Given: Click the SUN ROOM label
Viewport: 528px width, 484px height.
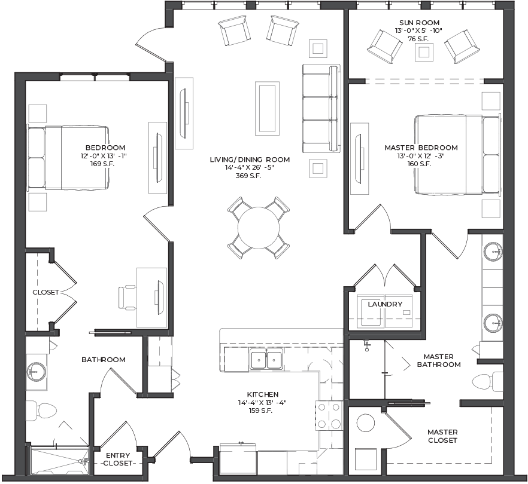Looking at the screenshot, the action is coord(419,23).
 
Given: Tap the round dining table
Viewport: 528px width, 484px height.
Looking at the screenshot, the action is coord(259,228).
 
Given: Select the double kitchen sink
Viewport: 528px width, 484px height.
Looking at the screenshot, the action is coord(266,359).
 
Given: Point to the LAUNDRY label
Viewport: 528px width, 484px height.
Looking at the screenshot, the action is coord(385,304).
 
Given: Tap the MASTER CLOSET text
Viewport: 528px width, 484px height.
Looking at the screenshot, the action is coord(442,436).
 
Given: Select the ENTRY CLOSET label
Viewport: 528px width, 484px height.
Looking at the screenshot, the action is coord(118,459).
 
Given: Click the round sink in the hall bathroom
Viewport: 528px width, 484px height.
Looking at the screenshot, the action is coord(37,372).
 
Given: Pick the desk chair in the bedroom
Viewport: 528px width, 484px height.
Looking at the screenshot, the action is coord(128,297).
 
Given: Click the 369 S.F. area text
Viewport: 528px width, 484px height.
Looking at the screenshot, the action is coord(249,176).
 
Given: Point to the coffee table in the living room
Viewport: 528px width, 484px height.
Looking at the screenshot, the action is coord(267,108).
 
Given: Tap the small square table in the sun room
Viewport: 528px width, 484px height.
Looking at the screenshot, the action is coord(424,53).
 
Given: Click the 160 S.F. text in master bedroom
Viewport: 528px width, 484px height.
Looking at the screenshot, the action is coord(421,164).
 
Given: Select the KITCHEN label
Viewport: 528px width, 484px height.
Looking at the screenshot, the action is coord(263,394).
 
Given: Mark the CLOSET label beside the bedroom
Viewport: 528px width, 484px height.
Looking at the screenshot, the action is coord(45,292).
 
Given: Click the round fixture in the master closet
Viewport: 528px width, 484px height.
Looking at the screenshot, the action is coord(366,423).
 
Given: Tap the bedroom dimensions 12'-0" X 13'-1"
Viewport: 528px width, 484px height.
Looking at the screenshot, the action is coord(104,155).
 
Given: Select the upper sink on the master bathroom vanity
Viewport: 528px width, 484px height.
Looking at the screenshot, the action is coord(493,251).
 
